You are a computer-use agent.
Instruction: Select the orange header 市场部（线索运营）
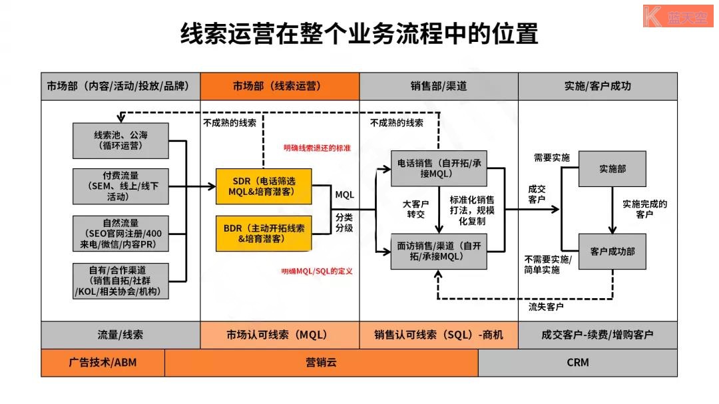pyautogui.click(x=280, y=87)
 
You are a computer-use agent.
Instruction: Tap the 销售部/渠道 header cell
pyautogui.click(x=439, y=87)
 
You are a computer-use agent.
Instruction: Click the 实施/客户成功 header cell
pyautogui.click(x=597, y=87)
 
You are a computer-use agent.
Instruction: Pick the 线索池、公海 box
pyautogui.click(x=120, y=140)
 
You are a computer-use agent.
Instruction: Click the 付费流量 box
pyautogui.click(x=120, y=186)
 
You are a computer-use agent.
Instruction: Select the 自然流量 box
pyautogui.click(x=120, y=233)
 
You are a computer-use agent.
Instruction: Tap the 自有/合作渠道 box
pyautogui.click(x=120, y=281)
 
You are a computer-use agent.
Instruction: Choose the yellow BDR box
pyautogui.click(x=264, y=232)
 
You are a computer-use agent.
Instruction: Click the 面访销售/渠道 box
pyautogui.click(x=439, y=251)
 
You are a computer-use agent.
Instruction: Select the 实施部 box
pyautogui.click(x=612, y=169)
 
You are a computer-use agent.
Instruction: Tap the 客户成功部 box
pyautogui.click(x=612, y=252)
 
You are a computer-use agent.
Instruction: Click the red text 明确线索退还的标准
pyautogui.click(x=317, y=148)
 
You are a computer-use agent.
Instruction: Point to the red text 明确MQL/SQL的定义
pyautogui.click(x=317, y=271)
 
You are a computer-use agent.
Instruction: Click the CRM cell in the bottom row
pyautogui.click(x=578, y=363)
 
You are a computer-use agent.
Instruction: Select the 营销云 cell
pyautogui.click(x=322, y=363)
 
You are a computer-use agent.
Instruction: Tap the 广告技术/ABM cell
pyautogui.click(x=103, y=363)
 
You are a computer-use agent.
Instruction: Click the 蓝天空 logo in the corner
pyautogui.click(x=678, y=16)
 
